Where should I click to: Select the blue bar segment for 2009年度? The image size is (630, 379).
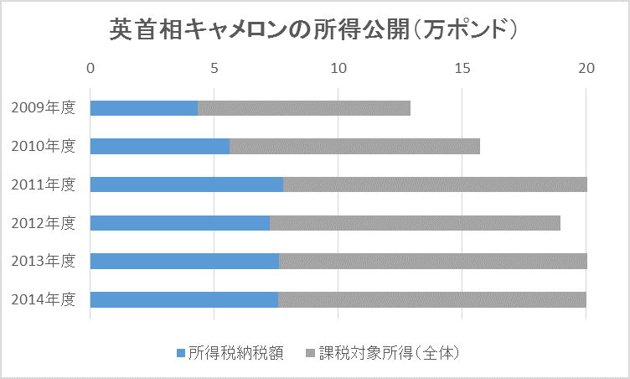click(143, 108)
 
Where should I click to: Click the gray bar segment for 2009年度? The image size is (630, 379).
click(304, 108)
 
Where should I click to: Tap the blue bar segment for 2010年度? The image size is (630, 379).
click(159, 147)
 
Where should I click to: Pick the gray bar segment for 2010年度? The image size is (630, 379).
click(354, 147)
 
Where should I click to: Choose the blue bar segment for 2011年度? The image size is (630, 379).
click(186, 184)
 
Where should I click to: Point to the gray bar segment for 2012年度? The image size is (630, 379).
click(415, 223)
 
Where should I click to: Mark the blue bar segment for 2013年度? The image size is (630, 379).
click(184, 261)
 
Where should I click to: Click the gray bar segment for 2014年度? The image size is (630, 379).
click(432, 299)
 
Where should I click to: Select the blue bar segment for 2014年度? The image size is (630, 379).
click(183, 299)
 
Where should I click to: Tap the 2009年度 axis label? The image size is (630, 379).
click(44, 108)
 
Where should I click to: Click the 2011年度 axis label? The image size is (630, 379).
click(44, 184)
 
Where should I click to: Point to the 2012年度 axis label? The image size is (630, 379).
click(44, 223)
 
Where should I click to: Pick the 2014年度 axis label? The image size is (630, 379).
click(44, 299)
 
